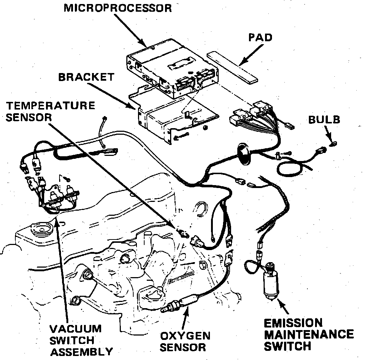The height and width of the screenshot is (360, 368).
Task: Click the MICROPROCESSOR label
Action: click(x=118, y=8)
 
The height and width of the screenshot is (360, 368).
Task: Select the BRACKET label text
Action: click(x=86, y=77)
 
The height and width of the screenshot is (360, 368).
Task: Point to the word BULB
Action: click(x=324, y=119)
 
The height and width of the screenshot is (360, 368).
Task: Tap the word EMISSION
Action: click(x=293, y=323)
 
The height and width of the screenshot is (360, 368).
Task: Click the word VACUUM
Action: click(x=76, y=328)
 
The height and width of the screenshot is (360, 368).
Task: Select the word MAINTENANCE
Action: click(x=309, y=334)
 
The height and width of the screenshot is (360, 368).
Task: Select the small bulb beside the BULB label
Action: click(x=333, y=143)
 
